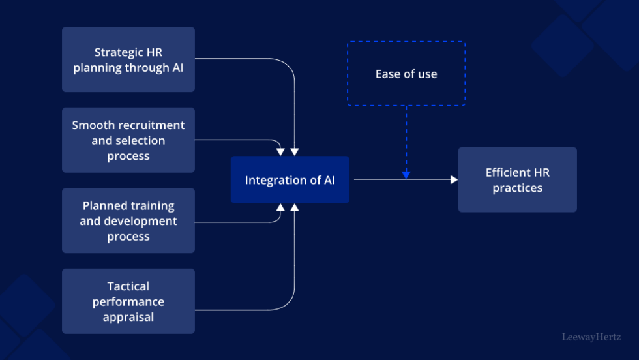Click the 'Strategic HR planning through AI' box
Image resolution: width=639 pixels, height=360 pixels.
[128, 59]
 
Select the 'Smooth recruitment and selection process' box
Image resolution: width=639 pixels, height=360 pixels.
[128, 140]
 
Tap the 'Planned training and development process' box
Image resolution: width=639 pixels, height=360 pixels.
[128, 220]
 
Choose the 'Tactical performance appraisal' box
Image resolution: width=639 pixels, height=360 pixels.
[128, 301]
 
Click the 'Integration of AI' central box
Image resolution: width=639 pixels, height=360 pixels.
[290, 180]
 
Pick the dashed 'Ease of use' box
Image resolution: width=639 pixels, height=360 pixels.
[406, 74]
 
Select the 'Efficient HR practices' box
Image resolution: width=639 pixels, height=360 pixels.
[517, 180]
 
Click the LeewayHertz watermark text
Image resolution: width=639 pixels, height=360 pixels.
[592, 337]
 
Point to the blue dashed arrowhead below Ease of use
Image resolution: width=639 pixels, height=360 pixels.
[406, 174]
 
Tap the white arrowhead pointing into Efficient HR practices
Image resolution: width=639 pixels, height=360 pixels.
[454, 180]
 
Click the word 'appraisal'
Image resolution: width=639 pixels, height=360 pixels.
[128, 318]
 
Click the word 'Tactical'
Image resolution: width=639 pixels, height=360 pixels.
[128, 286]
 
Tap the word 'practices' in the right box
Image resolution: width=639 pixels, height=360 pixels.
[517, 188]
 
